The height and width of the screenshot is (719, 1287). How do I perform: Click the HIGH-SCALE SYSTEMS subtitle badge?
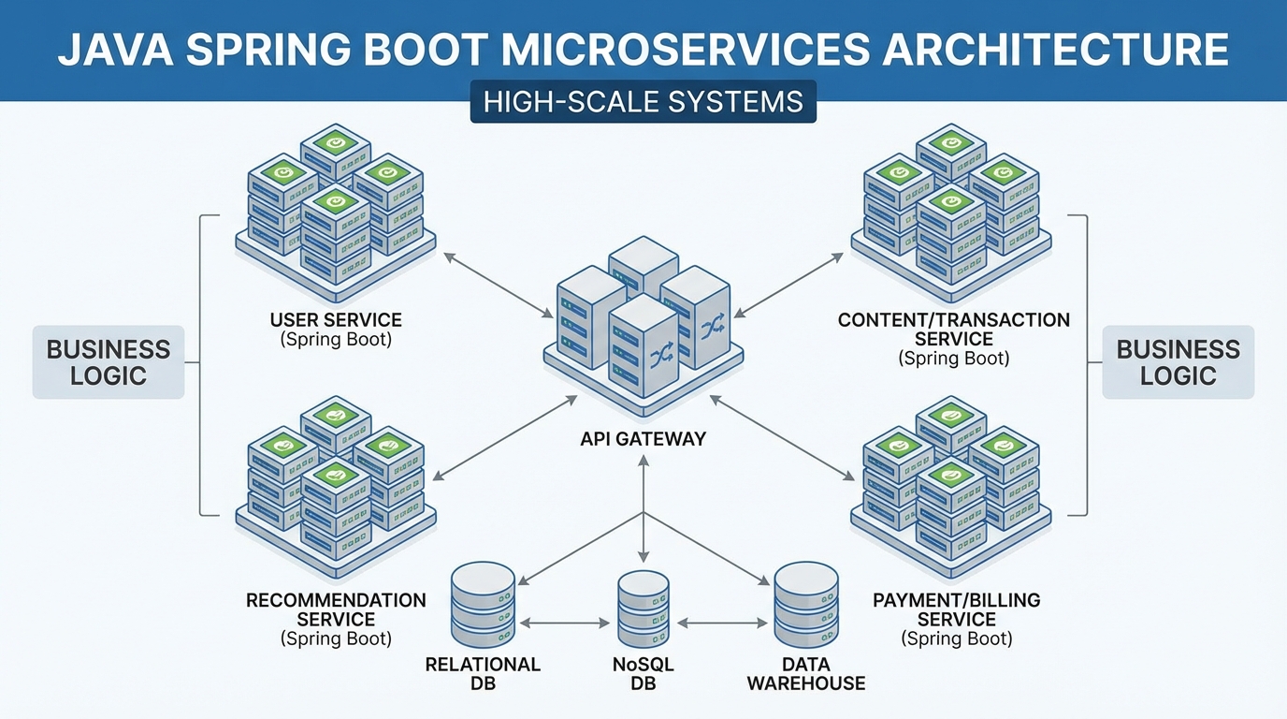[x=643, y=101]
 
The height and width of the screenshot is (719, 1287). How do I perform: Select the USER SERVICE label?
[x=336, y=321]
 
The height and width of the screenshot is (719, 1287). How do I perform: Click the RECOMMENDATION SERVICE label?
[x=336, y=609]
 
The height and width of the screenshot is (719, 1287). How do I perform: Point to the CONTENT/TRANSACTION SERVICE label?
[x=953, y=329]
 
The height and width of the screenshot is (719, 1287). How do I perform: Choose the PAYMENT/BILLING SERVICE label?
[x=956, y=609]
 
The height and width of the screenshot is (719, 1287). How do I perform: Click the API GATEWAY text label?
[x=643, y=438]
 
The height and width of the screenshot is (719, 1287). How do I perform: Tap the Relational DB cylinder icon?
[x=483, y=605]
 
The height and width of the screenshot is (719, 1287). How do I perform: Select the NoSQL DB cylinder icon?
[x=643, y=609]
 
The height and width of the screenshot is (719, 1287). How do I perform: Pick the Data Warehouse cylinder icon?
[x=805, y=605]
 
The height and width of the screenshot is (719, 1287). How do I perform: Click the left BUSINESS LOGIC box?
[x=108, y=362]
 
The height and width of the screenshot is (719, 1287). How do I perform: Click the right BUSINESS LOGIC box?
[x=1178, y=362]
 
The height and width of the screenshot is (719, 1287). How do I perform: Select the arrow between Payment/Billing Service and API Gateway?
[x=784, y=440]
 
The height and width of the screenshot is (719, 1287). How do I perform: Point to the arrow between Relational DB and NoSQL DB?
[x=564, y=623]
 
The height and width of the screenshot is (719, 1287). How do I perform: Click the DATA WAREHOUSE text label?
[x=805, y=674]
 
